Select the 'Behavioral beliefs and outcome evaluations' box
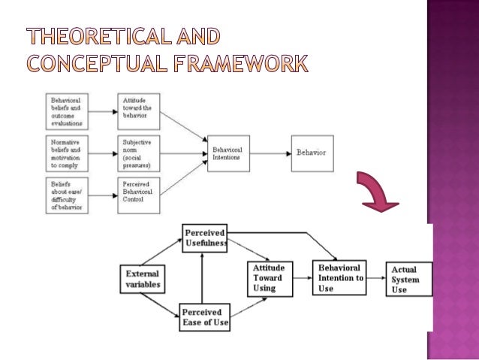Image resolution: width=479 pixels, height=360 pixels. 65,110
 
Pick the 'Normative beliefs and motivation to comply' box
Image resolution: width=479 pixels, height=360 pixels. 65,153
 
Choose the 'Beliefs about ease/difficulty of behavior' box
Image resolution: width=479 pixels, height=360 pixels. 65,195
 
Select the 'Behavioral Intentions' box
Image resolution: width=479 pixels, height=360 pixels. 227,153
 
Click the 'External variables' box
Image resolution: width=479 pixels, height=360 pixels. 141,279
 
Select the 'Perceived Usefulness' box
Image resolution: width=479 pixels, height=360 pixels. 205,237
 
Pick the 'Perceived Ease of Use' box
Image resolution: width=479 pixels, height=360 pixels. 204,319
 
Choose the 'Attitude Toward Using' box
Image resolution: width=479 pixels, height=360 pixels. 270,278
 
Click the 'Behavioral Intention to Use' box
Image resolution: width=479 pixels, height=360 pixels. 340,278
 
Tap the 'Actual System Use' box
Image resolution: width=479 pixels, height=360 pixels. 408,279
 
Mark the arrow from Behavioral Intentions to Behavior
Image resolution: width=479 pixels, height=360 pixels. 270,153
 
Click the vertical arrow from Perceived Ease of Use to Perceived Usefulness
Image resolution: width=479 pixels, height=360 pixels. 201,278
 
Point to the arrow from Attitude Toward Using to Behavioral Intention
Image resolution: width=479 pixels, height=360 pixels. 302,278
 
